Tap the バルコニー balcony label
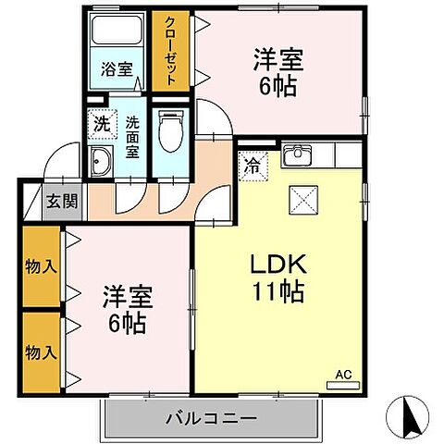tap(210, 418)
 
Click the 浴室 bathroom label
tap(117, 68)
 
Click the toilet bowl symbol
tap(168, 129)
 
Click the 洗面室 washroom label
tap(132, 137)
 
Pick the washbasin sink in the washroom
tap(101, 159)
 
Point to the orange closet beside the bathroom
tap(170, 50)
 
